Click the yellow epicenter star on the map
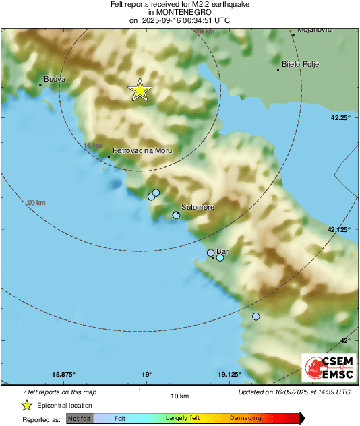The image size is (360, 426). pos(140,90)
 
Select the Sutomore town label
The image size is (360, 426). pos(198,207)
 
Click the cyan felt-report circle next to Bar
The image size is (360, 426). pos(220,257)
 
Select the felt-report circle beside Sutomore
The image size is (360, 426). pos(176,215)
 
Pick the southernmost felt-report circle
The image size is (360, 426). pos(256,316)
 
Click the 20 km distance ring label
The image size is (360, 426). pos(36,202)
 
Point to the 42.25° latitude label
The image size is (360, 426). pos(340,118)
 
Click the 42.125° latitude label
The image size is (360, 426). pos(339,230)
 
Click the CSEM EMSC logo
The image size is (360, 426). pos(326,368)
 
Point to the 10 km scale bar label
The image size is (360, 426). pos(179,395)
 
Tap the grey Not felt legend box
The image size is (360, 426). pos(80,418)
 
